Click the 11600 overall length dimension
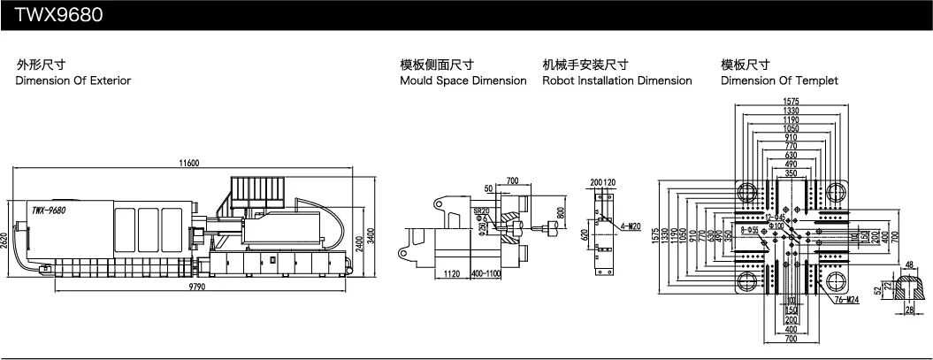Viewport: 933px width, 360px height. pos(187,163)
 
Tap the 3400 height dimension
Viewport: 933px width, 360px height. pos(371,234)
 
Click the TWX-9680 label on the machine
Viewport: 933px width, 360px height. pos(49,211)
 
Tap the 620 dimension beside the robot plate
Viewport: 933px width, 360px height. pos(584,235)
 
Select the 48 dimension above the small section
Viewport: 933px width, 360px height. pos(909,264)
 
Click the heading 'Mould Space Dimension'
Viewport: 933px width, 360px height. pos(463,80)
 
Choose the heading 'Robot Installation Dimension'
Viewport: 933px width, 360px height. pos(616,80)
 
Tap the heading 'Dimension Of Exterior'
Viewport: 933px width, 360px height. pos(73,80)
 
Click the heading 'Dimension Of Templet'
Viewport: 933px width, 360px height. pos(779,80)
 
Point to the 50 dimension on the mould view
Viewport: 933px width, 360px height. pos(488,188)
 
